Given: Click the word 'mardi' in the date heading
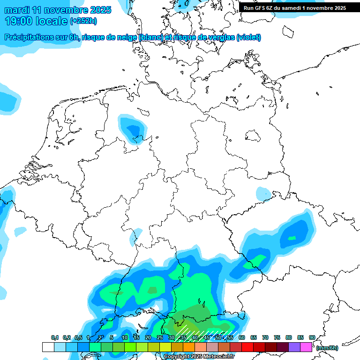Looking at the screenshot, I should pos(16,10).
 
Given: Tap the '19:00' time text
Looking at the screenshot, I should pos(19,21).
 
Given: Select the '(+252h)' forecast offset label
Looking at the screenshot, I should pos(83,21).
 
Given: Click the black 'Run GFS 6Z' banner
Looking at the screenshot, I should pos(295,7).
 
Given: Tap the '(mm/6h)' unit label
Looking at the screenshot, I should pos(327,348).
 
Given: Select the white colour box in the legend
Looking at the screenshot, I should pos(48,347).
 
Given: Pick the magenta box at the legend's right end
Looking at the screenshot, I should pos(306,347).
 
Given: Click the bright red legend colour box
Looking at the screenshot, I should pos(247,347).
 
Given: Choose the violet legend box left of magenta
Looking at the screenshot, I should pos(294,347).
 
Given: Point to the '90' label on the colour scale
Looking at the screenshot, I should pos(312,337).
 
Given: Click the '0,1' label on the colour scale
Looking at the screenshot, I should pos(55,337).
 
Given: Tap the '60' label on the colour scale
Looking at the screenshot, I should pos(242,337).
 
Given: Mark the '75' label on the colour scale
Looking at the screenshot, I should pos(277,337).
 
